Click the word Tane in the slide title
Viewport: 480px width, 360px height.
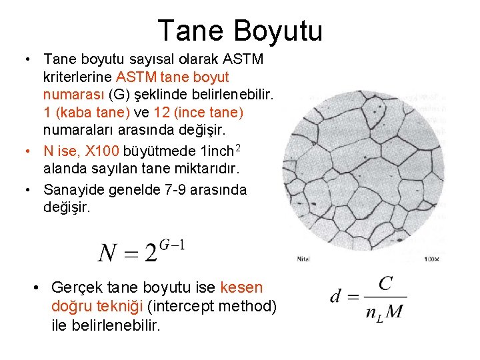coord(191,31)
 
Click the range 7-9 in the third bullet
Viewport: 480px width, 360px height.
coord(179,190)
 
